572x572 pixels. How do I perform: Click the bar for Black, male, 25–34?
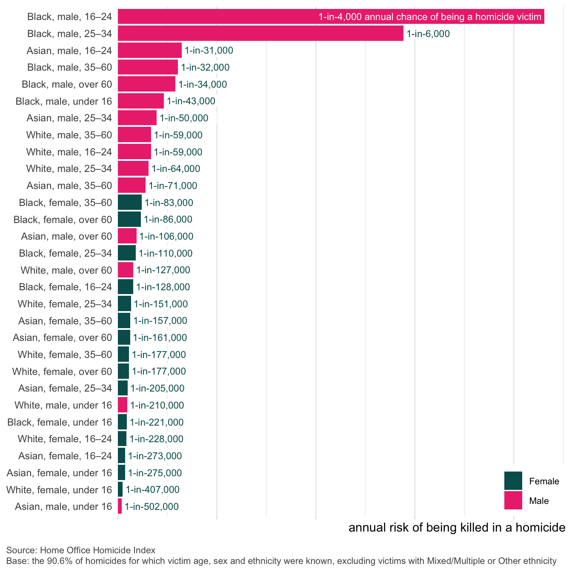(x=260, y=34)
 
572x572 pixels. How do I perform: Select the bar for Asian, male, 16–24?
(x=150, y=50)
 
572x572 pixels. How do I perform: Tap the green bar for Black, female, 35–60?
(x=130, y=203)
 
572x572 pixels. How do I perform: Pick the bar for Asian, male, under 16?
(x=120, y=506)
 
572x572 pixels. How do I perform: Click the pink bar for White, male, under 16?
(x=123, y=405)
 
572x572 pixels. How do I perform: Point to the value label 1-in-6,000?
(x=428, y=34)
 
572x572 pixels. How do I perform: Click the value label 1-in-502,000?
(x=152, y=507)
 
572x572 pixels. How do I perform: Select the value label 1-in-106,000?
(x=166, y=237)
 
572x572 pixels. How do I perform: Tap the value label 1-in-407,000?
(x=152, y=490)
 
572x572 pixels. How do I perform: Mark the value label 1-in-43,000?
(x=191, y=101)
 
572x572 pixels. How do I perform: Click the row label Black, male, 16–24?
(x=69, y=17)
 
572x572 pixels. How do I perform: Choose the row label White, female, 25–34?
(x=65, y=304)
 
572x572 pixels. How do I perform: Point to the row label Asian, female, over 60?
(x=62, y=338)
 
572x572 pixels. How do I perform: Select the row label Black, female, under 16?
(x=60, y=422)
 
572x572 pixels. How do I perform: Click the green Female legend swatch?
(x=513, y=481)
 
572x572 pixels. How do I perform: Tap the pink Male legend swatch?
(x=513, y=500)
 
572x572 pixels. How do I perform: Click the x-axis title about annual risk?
(x=457, y=528)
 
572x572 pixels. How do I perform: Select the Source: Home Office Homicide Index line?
(x=81, y=550)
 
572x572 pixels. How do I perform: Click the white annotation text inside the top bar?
(x=430, y=17)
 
